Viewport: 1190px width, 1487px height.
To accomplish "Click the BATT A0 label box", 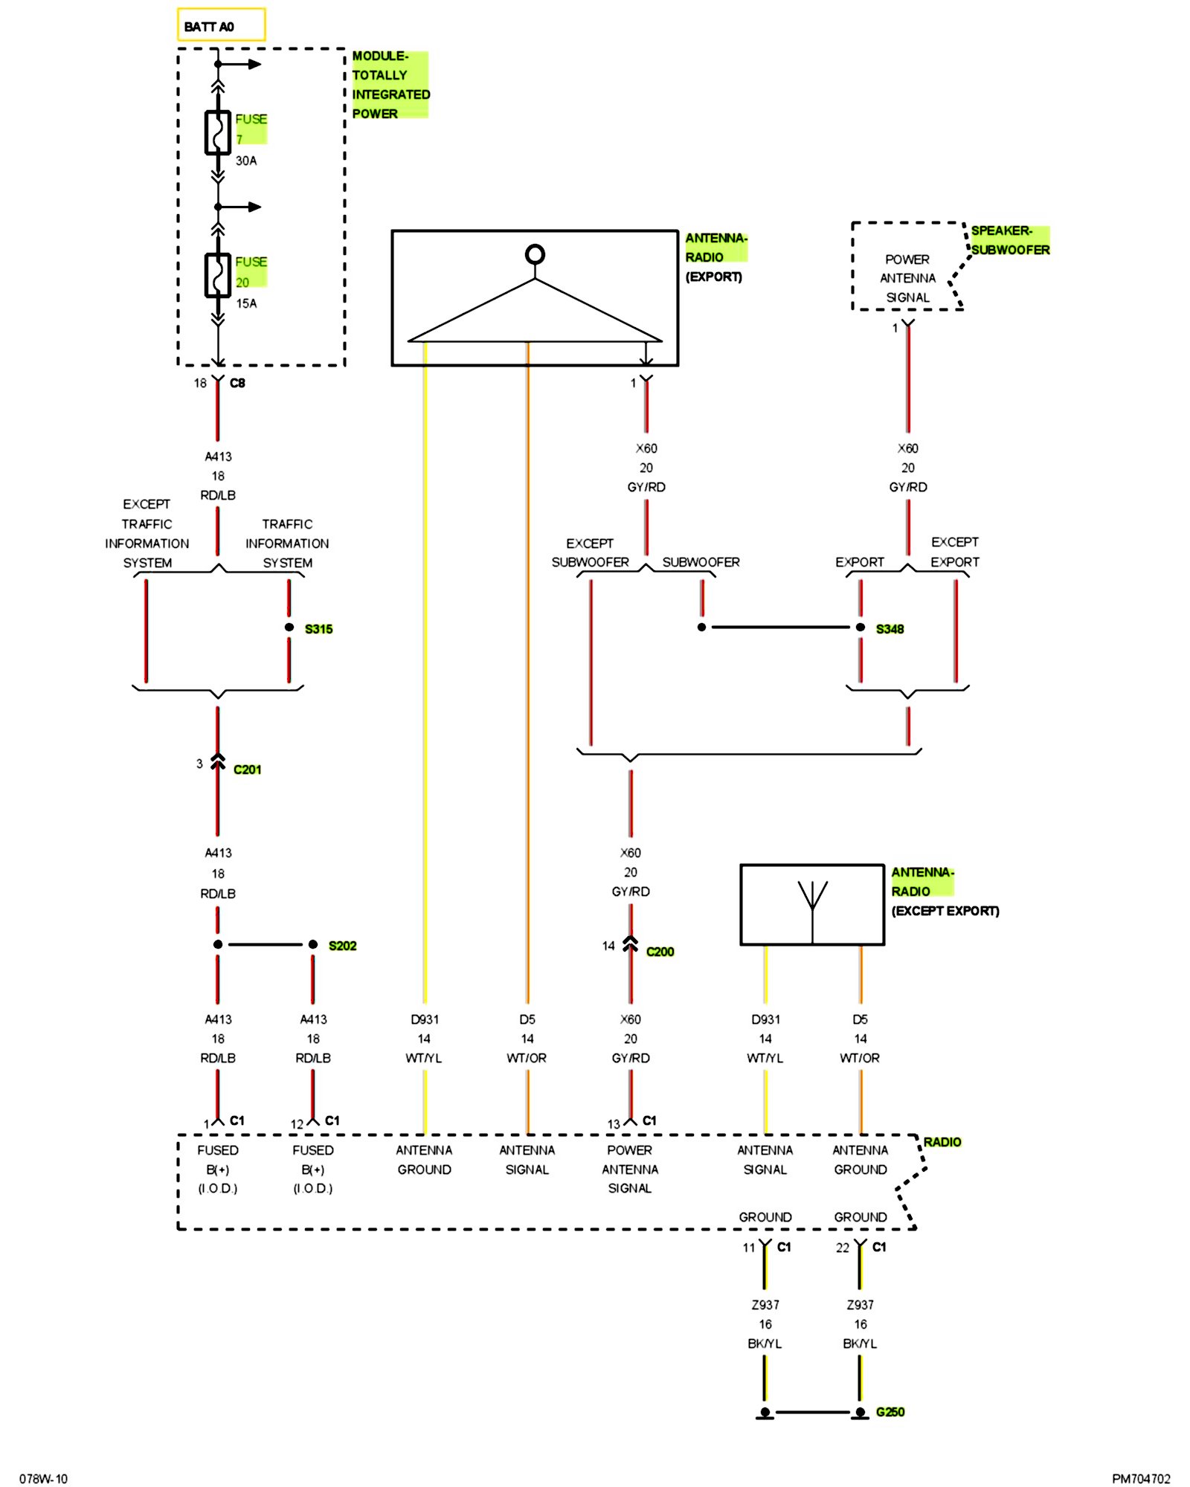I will coord(221,25).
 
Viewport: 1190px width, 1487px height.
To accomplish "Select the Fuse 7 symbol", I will coord(217,133).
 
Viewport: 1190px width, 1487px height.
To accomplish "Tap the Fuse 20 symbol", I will coord(217,275).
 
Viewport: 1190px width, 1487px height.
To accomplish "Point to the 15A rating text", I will coord(246,303).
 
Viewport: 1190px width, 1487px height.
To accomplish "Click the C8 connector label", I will coord(237,383).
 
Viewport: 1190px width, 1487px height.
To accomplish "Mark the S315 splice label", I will coord(318,629).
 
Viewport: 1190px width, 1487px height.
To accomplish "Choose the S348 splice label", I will coord(890,629).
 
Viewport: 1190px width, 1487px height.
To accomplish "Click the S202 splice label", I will coord(342,946).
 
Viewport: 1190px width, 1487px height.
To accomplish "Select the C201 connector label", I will coord(247,770).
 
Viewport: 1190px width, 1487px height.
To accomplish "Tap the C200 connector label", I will coord(660,952).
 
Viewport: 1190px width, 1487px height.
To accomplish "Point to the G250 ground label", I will coord(890,1412).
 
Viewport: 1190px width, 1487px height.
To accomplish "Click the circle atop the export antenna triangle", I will coord(535,254).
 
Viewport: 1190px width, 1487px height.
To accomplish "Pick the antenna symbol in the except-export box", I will coord(812,904).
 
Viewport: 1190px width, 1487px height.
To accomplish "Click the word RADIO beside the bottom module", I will coord(942,1142).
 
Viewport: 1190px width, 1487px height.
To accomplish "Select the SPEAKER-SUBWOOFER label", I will coord(1010,240).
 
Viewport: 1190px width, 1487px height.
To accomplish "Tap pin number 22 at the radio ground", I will coord(842,1248).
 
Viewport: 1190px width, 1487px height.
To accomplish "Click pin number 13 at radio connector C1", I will coord(614,1124).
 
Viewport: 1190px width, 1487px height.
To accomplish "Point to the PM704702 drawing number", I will coord(1141,1479).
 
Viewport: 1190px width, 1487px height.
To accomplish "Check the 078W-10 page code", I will coord(43,1479).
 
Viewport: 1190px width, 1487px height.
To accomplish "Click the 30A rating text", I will coord(246,161).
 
